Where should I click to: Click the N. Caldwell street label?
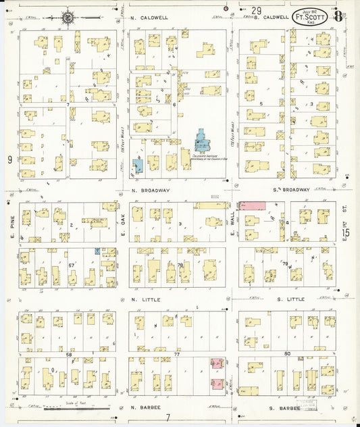[148, 17]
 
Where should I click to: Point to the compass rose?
[68, 17]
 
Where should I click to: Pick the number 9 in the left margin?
[9, 159]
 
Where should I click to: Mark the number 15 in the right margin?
[346, 233]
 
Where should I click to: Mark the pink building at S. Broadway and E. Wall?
[251, 204]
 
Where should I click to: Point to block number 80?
[287, 353]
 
